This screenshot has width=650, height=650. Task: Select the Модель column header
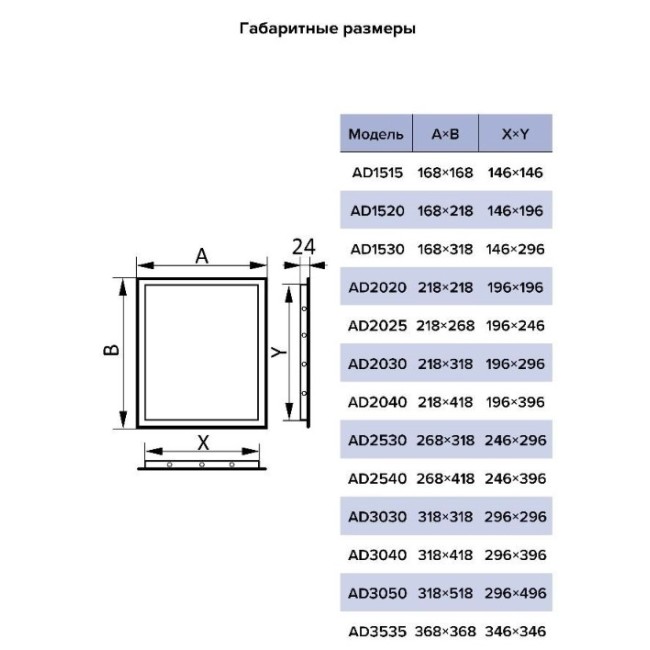[376, 134]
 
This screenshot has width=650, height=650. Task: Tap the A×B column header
[446, 134]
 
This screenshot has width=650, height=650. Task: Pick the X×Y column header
[515, 134]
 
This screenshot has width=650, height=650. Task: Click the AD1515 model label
[377, 172]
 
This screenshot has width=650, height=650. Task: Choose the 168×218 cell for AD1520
[445, 211]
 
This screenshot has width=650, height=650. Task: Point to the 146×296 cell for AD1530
[515, 249]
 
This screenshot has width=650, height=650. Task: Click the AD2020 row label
[377, 287]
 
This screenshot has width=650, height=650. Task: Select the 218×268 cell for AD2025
[445, 326]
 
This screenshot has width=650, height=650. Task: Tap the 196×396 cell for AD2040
[515, 402]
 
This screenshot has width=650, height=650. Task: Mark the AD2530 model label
[377, 440]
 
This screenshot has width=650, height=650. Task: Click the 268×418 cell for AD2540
[445, 479]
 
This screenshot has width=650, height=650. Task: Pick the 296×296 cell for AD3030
[515, 517]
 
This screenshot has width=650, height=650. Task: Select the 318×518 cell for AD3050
[445, 593]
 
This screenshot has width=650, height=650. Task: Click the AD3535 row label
[377, 632]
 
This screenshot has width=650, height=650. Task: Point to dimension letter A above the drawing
[202, 256]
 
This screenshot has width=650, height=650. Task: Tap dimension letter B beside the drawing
[111, 350]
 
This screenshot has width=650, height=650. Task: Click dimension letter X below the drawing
[203, 443]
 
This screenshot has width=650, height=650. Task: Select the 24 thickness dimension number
[303, 247]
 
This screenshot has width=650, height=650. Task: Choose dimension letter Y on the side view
[279, 352]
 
